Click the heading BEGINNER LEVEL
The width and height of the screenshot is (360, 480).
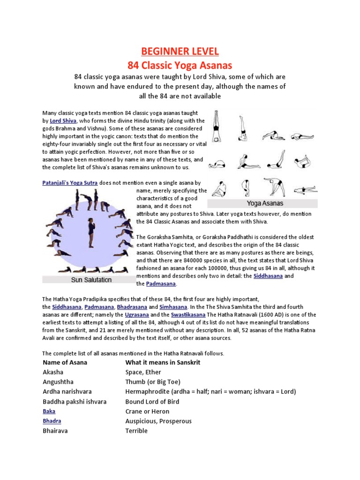point(180,51)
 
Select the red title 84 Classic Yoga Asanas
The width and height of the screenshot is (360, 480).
point(180,64)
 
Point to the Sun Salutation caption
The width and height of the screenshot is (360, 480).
point(91,280)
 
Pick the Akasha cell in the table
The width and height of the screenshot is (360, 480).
point(53,372)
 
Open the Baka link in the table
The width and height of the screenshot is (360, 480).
point(49,411)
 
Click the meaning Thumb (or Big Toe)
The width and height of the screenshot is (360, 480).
point(153,382)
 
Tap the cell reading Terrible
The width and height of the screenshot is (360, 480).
point(136,431)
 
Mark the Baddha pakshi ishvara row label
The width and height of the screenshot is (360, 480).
point(75,402)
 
